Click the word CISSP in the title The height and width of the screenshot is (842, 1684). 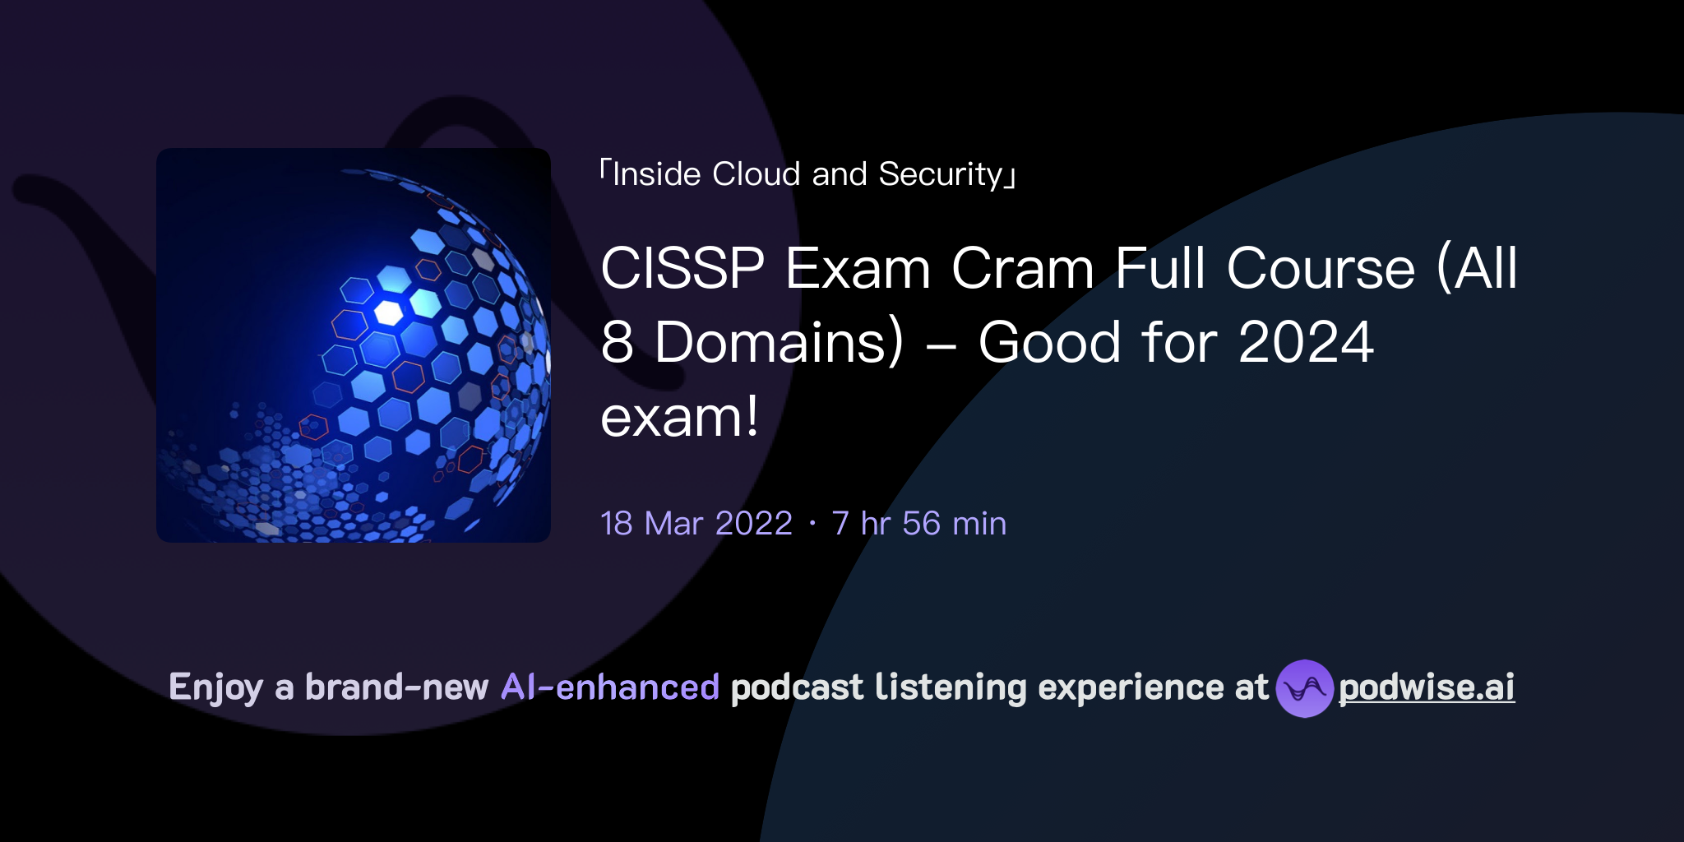click(682, 269)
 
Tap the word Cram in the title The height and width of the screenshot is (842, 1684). click(1022, 269)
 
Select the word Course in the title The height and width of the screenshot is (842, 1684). click(1321, 269)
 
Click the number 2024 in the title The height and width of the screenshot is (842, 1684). click(1306, 343)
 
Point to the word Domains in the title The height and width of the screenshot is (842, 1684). click(779, 343)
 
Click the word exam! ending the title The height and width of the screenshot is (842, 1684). click(679, 418)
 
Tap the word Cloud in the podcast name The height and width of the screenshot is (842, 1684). click(756, 174)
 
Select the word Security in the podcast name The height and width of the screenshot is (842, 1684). click(941, 174)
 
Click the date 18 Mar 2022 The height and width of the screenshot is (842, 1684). click(696, 524)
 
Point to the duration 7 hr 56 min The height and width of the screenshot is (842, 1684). click(918, 524)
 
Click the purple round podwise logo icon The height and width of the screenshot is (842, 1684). click(1304, 688)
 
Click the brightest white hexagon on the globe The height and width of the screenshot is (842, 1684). click(388, 312)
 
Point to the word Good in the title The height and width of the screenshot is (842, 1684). click(1048, 343)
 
